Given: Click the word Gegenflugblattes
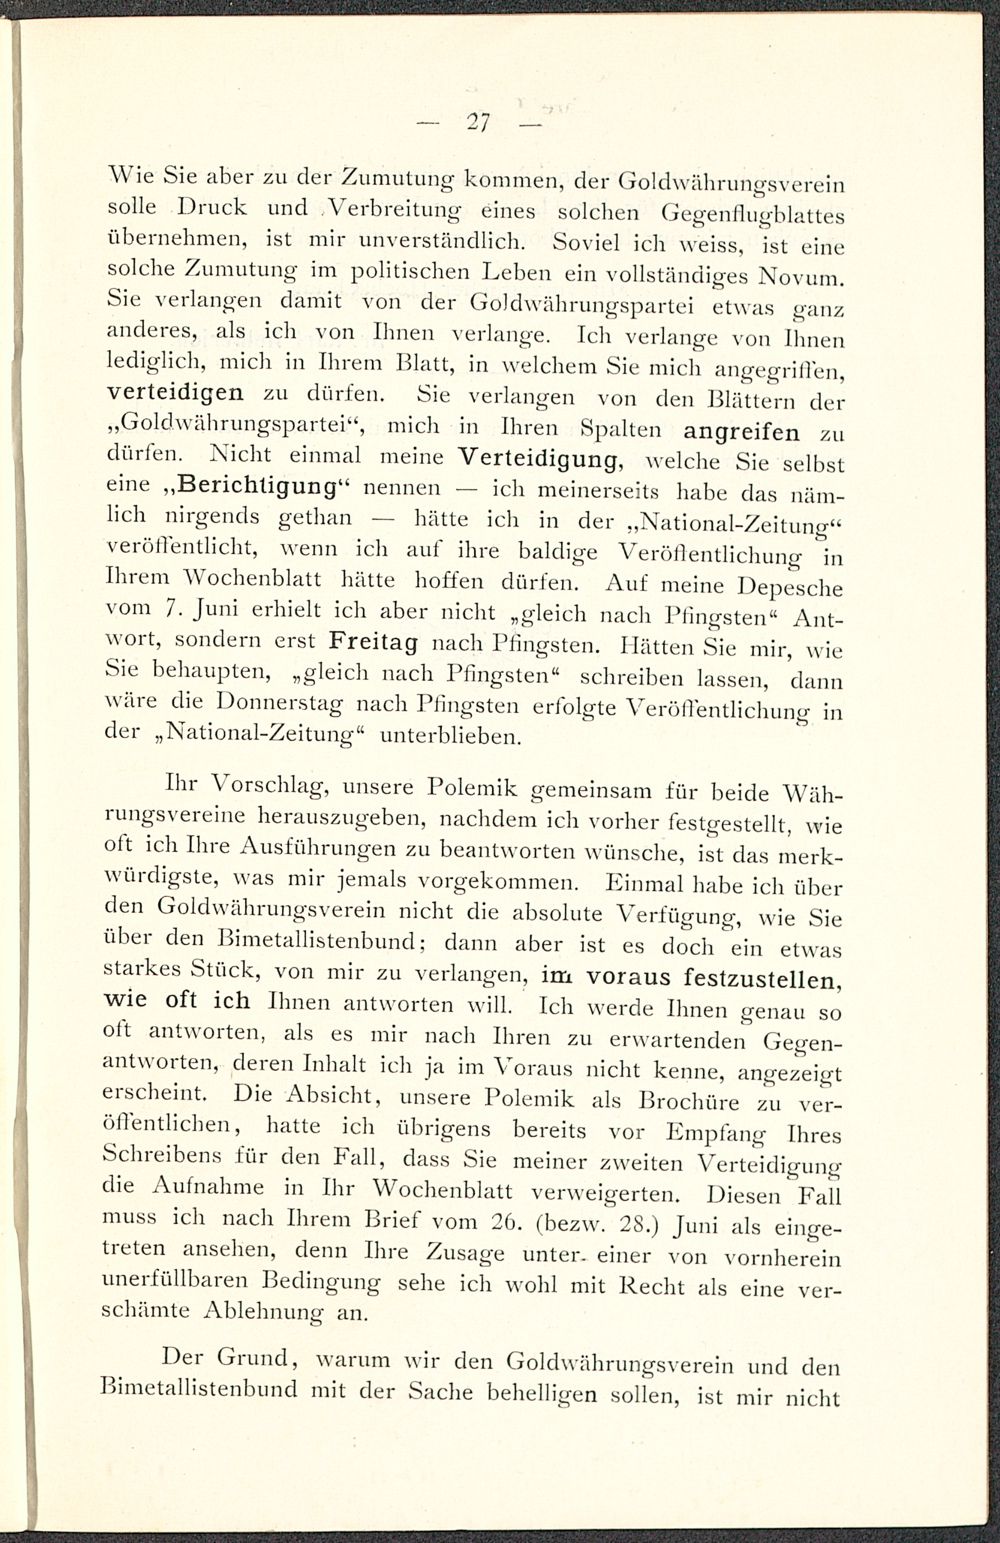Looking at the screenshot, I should pos(753,215).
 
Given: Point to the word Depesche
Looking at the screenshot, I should pos(791,588).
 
